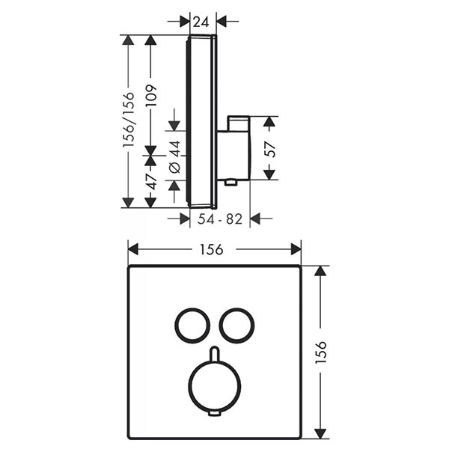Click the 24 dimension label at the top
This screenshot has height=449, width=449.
pyautogui.click(x=201, y=22)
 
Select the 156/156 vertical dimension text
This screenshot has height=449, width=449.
pyautogui.click(x=128, y=120)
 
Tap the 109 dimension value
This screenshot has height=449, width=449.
pyautogui.click(x=151, y=95)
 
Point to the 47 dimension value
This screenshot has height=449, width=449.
pyautogui.click(x=151, y=182)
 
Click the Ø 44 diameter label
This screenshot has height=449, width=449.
pyautogui.click(x=174, y=156)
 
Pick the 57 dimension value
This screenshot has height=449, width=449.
pyautogui.click(x=270, y=150)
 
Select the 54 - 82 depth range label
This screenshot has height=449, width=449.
pyautogui.click(x=220, y=219)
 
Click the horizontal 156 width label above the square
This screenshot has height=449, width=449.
pyautogui.click(x=211, y=249)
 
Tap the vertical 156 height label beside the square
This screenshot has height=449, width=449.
pyautogui.click(x=320, y=352)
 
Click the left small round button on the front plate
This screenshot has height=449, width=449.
pyautogui.click(x=176, y=326)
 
